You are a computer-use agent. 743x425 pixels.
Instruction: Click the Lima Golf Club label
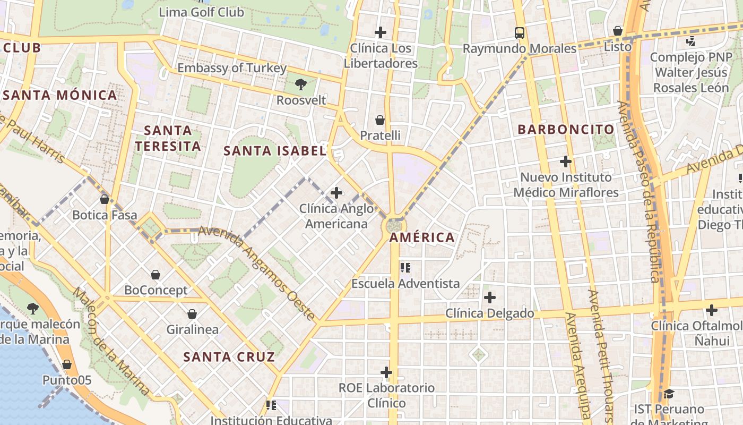point(201,12)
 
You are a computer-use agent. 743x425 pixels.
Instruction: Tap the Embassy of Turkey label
point(231,68)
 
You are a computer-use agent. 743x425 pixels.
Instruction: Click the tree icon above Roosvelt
point(301,84)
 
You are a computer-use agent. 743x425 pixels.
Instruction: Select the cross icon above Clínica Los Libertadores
point(380,32)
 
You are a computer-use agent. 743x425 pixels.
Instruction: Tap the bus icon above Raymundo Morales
point(519,33)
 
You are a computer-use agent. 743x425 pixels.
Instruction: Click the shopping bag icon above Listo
point(617,31)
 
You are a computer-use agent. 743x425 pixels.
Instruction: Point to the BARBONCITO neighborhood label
point(566,129)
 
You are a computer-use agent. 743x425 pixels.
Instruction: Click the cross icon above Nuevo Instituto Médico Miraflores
point(566,161)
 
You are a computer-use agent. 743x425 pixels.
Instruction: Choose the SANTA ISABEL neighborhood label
point(274,151)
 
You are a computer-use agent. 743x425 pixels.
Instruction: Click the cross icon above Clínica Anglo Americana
point(336,193)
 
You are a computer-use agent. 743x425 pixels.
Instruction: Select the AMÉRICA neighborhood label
point(422,237)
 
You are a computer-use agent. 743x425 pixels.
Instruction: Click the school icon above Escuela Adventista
point(405,267)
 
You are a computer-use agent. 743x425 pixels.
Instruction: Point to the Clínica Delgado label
point(489,313)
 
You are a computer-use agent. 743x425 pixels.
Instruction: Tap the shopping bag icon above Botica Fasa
point(105,199)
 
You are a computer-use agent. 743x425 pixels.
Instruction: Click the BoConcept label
point(155,290)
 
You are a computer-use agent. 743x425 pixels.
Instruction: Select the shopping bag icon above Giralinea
point(192,314)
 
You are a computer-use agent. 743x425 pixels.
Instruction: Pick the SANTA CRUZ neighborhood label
point(229,356)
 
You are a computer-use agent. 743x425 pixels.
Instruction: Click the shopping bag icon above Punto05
point(67,364)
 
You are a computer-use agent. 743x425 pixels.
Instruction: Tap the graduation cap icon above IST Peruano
point(669,394)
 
